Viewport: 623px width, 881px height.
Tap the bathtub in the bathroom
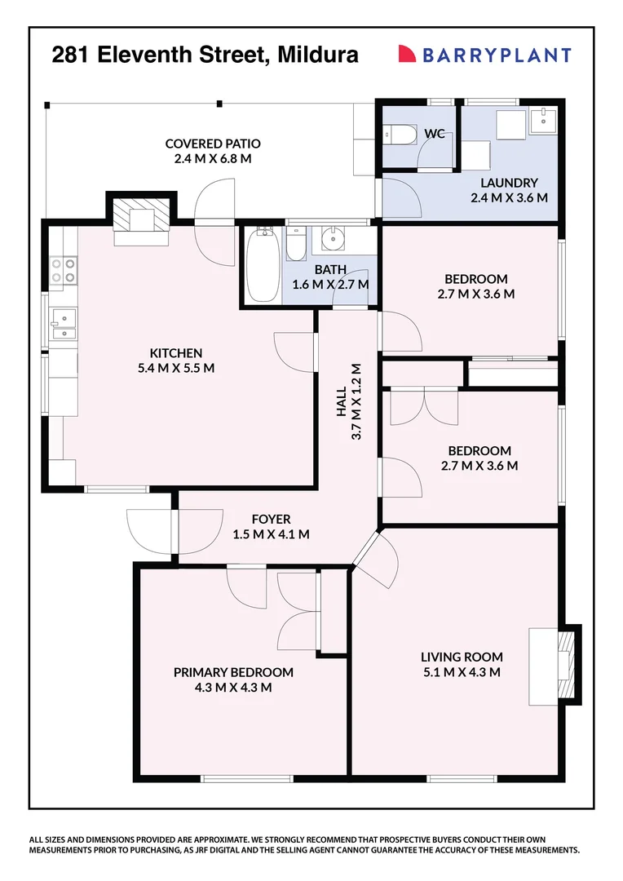264,267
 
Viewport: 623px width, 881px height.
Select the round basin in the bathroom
333,240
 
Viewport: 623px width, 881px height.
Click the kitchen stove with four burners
63,270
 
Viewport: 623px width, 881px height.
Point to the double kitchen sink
62,323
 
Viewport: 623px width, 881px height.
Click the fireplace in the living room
563,663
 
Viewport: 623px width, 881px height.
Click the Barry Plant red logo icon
407,55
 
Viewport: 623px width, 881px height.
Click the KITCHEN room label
175,353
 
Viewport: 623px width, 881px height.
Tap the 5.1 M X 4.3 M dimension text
462,672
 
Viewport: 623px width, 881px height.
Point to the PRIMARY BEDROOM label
233,672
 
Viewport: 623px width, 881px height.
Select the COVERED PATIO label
212,144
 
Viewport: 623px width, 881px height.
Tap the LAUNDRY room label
508,183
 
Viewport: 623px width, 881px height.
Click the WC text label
435,134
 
